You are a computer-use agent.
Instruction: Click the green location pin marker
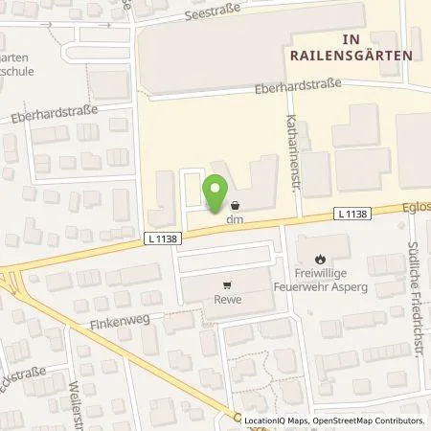(x=217, y=187)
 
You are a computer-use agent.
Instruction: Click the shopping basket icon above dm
(x=236, y=205)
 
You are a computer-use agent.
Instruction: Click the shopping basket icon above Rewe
(x=227, y=284)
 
